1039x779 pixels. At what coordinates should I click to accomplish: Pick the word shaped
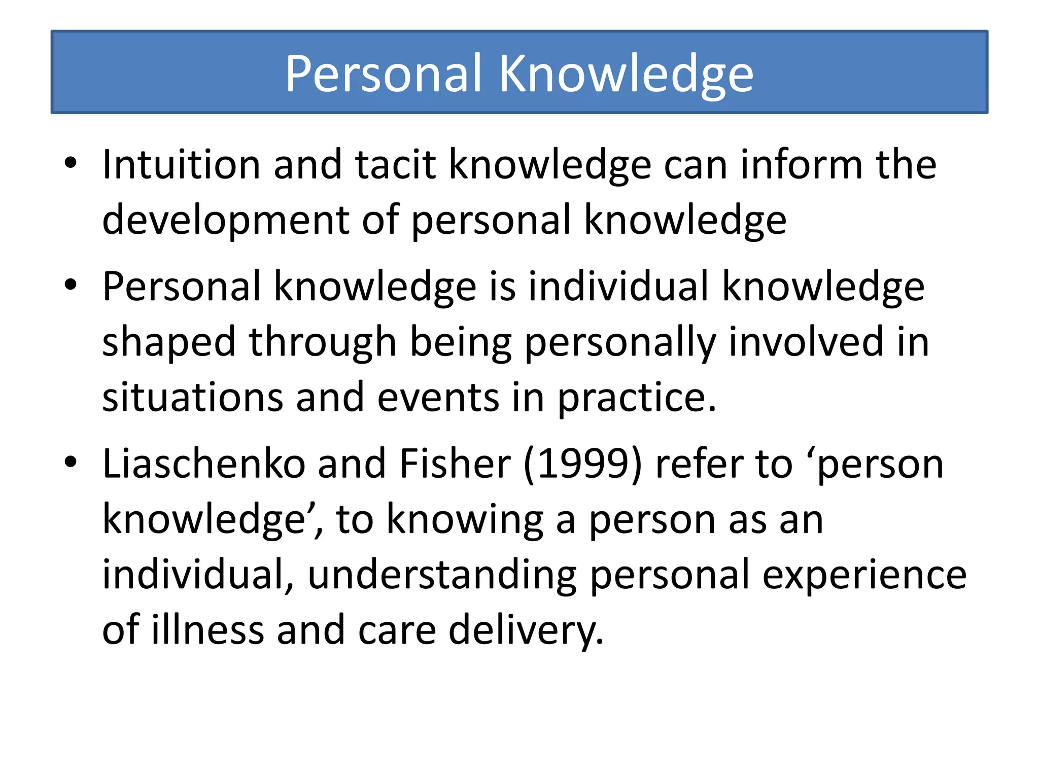(x=169, y=342)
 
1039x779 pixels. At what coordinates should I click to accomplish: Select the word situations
(x=192, y=397)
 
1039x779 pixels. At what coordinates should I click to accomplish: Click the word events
(x=438, y=397)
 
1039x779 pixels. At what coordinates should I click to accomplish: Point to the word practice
(x=637, y=398)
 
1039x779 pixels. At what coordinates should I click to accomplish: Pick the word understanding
(x=442, y=575)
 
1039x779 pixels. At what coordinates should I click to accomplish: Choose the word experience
(x=864, y=576)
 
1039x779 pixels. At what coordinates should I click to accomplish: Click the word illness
(x=208, y=630)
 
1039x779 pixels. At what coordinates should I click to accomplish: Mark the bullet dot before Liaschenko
(x=71, y=462)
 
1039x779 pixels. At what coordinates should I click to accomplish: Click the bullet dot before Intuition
(x=71, y=163)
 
